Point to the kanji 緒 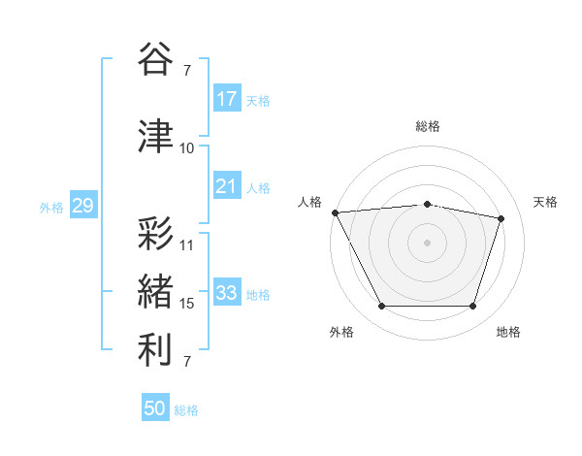pyautogui.click(x=155, y=291)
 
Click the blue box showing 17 pyautogui.click(x=227, y=99)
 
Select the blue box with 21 pyautogui.click(x=227, y=186)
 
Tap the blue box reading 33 pyautogui.click(x=227, y=293)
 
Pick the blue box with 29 pyautogui.click(x=82, y=206)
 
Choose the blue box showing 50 pyautogui.click(x=155, y=408)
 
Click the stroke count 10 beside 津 pyautogui.click(x=187, y=148)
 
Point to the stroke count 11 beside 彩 pyautogui.click(x=187, y=244)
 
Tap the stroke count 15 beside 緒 pyautogui.click(x=187, y=304)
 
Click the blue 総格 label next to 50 pyautogui.click(x=186, y=410)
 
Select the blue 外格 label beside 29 pyautogui.click(x=51, y=207)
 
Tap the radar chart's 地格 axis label pyautogui.click(x=508, y=333)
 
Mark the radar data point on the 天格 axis pyautogui.click(x=501, y=218)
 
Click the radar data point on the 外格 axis pyautogui.click(x=381, y=307)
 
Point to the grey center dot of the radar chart pyautogui.click(x=427, y=243)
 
